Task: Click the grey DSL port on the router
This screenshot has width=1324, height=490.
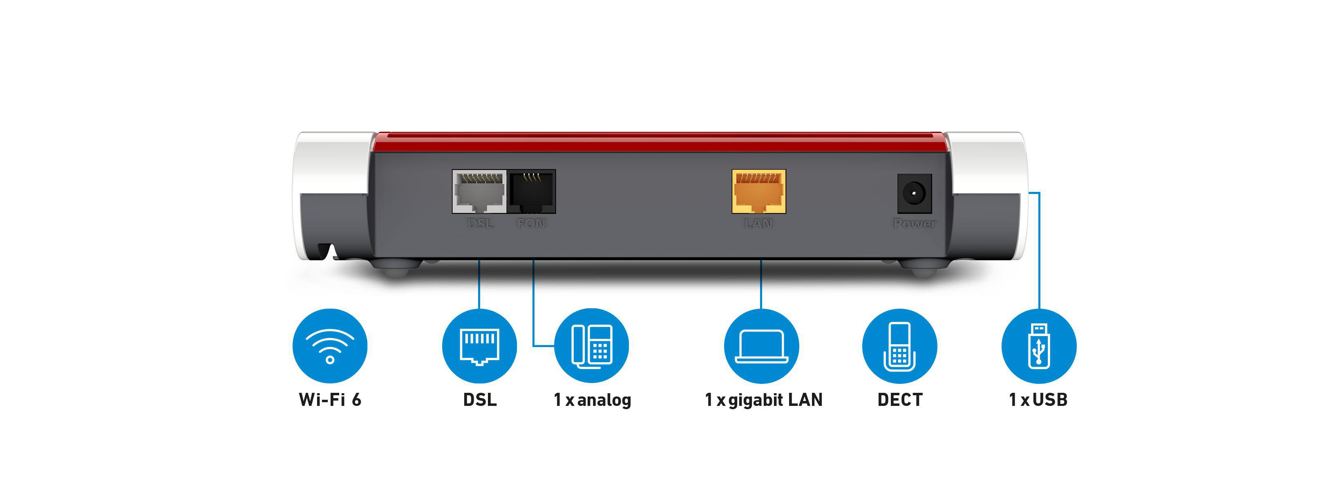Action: tap(479, 192)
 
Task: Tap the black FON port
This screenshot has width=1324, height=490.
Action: tap(532, 192)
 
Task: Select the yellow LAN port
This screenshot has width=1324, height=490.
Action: tap(758, 192)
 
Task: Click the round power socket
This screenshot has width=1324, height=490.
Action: tap(915, 194)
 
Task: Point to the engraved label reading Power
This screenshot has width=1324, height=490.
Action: tap(915, 223)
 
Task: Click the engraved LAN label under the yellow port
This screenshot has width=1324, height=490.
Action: tap(758, 223)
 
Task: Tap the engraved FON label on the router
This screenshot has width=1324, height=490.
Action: tap(532, 223)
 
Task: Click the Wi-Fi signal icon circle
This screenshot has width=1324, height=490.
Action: tap(330, 346)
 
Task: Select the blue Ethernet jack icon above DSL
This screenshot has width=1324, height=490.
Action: tap(479, 346)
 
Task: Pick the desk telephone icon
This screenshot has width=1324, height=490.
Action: tap(592, 346)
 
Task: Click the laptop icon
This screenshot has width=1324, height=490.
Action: tap(761, 346)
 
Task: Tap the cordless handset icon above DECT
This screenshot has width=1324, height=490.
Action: tap(899, 346)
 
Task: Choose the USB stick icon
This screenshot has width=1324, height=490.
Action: tap(1039, 346)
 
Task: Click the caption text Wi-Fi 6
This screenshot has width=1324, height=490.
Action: tap(330, 400)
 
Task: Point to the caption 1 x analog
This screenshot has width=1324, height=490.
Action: tap(592, 400)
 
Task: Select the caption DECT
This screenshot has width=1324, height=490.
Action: tap(900, 400)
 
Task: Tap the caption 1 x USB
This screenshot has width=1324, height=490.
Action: tap(1038, 400)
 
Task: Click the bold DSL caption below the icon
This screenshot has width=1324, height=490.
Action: tap(479, 400)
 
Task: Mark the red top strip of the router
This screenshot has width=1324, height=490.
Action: tap(658, 142)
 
